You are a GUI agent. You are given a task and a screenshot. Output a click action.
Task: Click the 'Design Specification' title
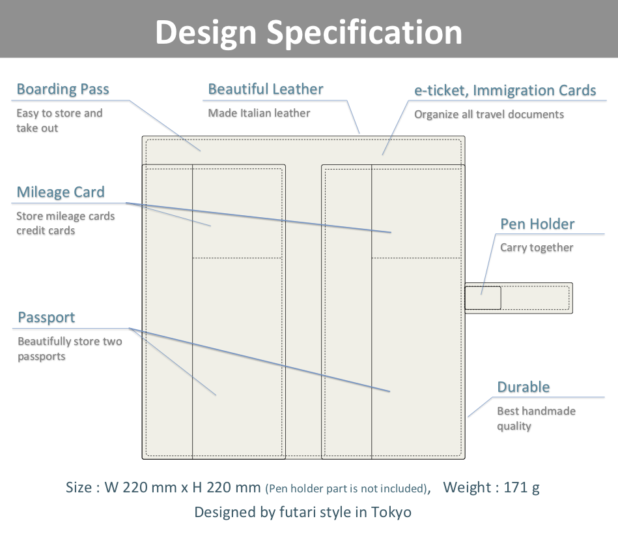pyautogui.click(x=309, y=33)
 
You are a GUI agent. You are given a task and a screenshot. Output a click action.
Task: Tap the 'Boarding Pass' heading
pyautogui.click(x=63, y=89)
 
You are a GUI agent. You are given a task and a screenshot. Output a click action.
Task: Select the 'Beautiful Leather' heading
pyautogui.click(x=266, y=89)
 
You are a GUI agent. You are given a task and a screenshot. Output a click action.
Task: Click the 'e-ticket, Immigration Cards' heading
pyautogui.click(x=505, y=91)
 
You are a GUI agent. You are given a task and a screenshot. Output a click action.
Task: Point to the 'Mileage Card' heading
pyautogui.click(x=61, y=192)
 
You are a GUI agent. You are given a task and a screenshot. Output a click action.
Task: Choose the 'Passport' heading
pyautogui.click(x=46, y=318)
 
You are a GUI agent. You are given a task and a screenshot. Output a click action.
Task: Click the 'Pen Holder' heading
pyautogui.click(x=537, y=224)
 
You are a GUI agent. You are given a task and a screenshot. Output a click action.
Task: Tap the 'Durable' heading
pyautogui.click(x=524, y=387)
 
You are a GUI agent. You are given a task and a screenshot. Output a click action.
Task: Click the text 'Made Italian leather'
pyautogui.click(x=259, y=113)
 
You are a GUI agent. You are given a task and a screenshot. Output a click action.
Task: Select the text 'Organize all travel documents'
pyautogui.click(x=488, y=115)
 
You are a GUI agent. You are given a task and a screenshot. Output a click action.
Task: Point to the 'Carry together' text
pyautogui.click(x=537, y=248)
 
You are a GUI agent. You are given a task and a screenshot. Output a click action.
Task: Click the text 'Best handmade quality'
pyautogui.click(x=536, y=419)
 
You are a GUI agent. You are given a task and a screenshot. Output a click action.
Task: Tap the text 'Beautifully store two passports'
pyautogui.click(x=70, y=349)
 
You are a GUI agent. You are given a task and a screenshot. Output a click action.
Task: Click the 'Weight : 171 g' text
pyautogui.click(x=491, y=488)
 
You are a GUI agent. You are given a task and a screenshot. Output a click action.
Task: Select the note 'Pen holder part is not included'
pyautogui.click(x=346, y=488)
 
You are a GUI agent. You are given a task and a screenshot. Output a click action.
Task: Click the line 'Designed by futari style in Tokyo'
pyautogui.click(x=303, y=513)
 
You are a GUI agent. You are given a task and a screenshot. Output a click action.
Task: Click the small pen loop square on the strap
pyautogui.click(x=483, y=298)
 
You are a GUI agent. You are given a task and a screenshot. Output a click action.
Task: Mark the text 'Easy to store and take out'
pyautogui.click(x=59, y=121)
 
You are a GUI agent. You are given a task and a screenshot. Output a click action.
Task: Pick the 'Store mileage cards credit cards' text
pyautogui.click(x=65, y=224)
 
